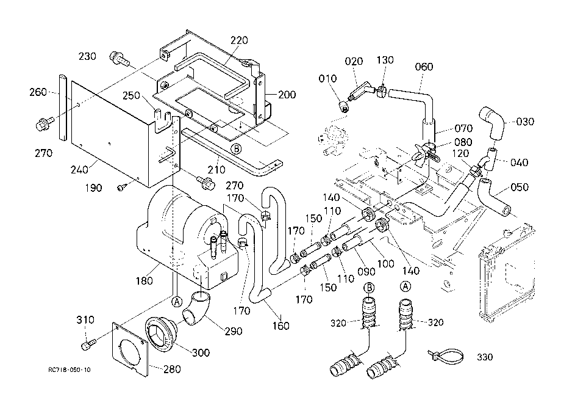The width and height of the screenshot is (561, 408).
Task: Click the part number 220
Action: [239, 40]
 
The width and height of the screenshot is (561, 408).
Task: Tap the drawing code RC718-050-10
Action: [70, 370]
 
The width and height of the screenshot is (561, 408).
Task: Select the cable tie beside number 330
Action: [446, 355]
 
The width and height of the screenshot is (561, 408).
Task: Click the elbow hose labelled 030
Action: [492, 123]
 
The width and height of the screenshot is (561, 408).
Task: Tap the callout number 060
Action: [424, 67]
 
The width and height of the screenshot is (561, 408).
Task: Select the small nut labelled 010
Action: [345, 106]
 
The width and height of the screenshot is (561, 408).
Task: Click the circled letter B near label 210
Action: [236, 148]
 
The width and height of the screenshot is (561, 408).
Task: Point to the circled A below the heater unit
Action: [176, 302]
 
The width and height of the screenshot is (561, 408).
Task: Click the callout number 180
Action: [145, 281]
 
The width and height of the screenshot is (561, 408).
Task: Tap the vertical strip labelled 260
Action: [63, 107]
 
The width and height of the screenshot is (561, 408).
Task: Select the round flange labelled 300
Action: [160, 335]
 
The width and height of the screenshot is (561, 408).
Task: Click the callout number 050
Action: [520, 187]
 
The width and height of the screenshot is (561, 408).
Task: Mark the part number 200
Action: [287, 95]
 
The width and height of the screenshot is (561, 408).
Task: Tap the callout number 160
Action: [281, 326]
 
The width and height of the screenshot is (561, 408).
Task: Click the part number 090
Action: [366, 272]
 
